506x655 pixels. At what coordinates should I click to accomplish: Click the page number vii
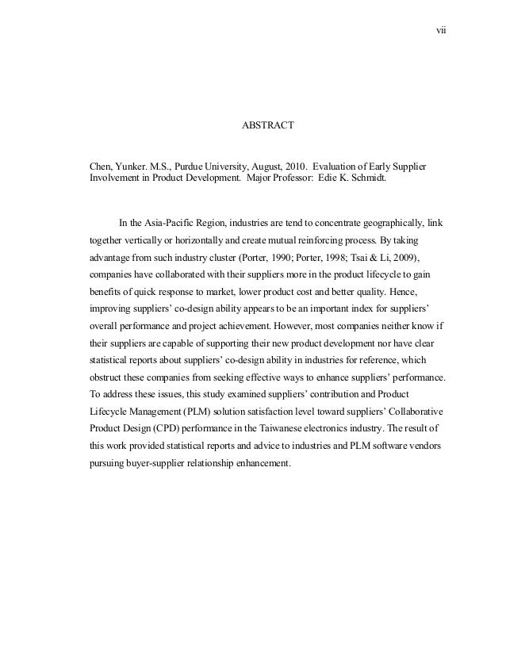tap(443, 31)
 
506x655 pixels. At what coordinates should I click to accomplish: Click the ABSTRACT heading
tap(268, 125)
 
